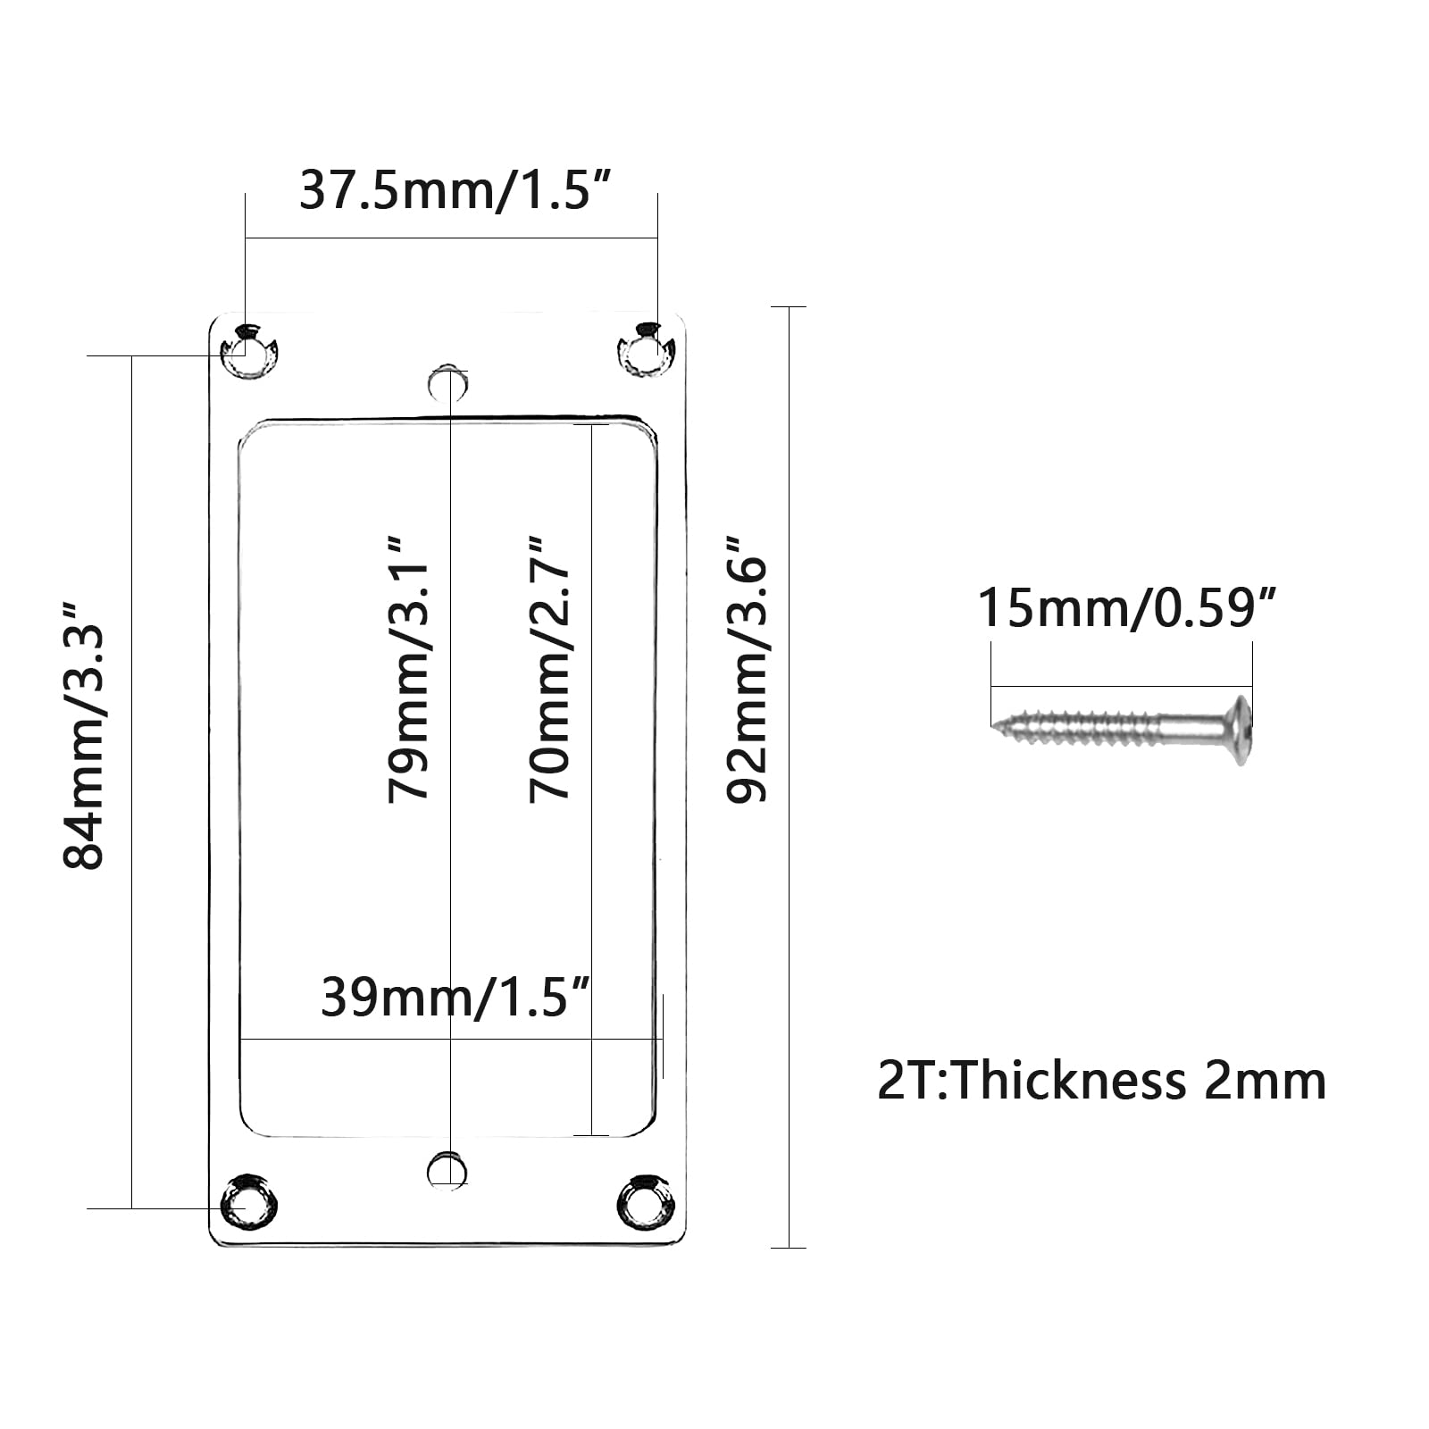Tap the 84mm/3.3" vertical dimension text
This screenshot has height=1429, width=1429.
[84, 735]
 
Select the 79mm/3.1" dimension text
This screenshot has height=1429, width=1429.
[409, 669]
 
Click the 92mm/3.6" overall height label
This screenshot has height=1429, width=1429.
[747, 669]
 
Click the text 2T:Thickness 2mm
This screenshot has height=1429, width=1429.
[1101, 1081]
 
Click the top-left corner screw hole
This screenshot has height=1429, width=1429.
[249, 351]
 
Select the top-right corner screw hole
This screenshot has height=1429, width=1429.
[646, 350]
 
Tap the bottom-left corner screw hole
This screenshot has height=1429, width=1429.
[249, 1202]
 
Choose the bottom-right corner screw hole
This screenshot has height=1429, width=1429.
[646, 1202]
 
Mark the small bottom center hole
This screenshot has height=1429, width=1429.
[447, 1171]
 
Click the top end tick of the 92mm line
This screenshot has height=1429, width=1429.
[789, 307]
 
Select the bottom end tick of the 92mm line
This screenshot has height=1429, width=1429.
[789, 1248]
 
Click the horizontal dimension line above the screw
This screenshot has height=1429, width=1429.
[1122, 687]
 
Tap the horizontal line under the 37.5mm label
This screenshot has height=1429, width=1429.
[451, 238]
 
